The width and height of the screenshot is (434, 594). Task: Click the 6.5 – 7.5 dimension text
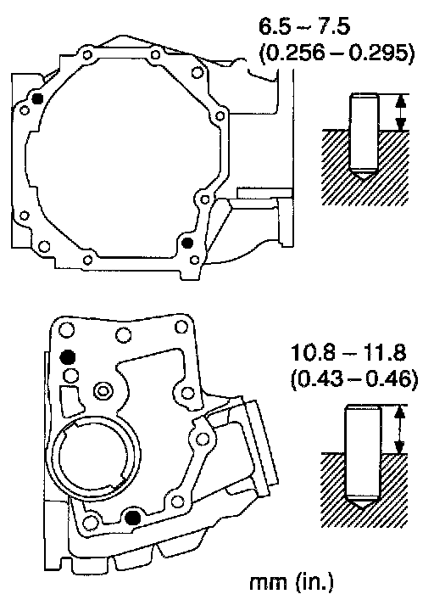(304, 27)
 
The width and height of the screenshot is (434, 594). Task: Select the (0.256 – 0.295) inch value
(337, 54)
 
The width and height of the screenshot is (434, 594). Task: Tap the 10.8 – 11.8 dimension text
(348, 353)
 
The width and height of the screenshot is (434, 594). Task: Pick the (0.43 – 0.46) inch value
(354, 379)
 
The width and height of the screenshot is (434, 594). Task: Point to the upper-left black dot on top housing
(37, 98)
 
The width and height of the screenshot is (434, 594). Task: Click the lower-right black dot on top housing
(187, 243)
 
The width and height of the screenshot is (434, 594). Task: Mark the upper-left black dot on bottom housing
(68, 357)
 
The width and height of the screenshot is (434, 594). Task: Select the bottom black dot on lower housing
(133, 517)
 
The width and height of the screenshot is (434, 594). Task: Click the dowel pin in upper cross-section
(364, 136)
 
